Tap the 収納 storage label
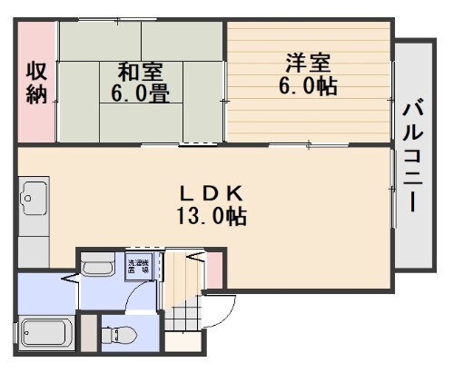(x=36, y=82)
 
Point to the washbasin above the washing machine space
(x=98, y=268)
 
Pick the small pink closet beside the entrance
(x=214, y=267)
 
